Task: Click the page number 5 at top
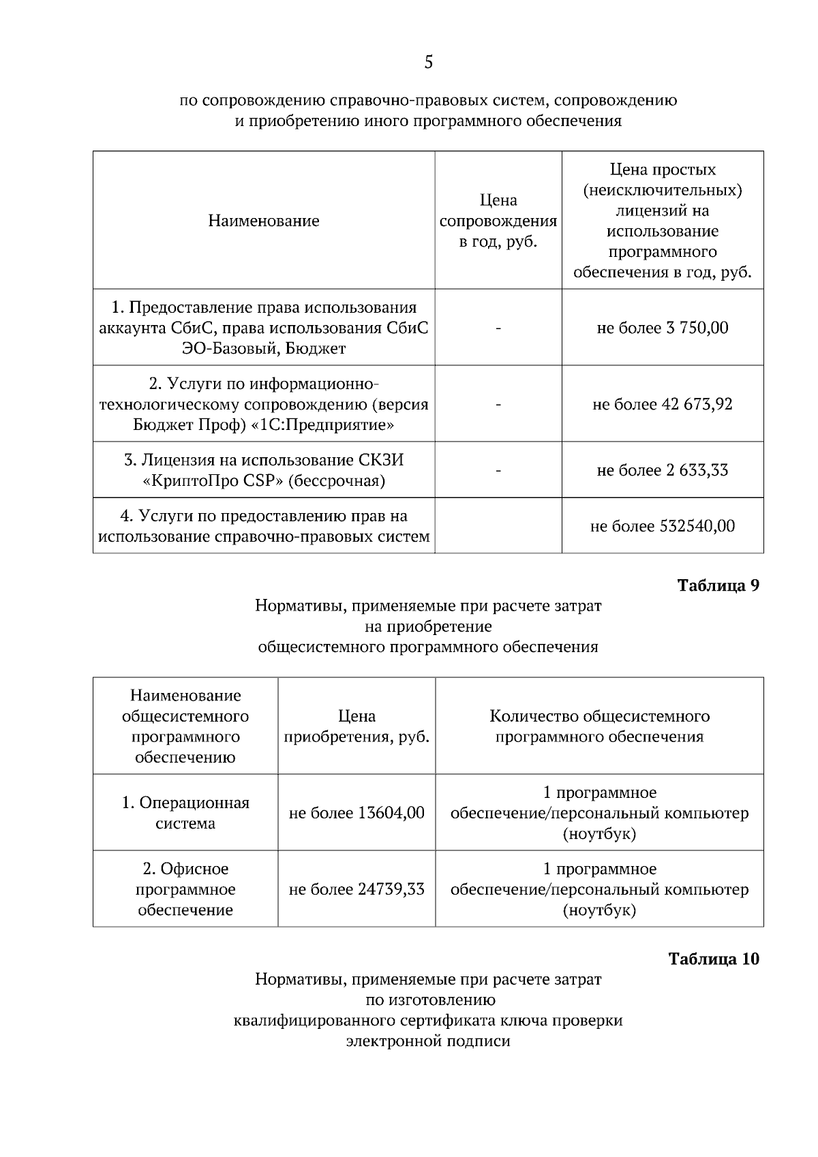(x=428, y=63)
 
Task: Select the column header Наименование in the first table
(x=264, y=221)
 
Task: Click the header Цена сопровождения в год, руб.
(x=498, y=221)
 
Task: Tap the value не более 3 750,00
(x=662, y=328)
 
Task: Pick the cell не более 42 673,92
(x=662, y=404)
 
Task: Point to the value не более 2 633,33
(x=662, y=470)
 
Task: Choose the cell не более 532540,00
(x=662, y=526)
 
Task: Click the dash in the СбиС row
(x=498, y=328)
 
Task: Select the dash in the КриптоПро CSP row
(x=498, y=470)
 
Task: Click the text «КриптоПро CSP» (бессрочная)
(x=264, y=481)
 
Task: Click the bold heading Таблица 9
(x=718, y=585)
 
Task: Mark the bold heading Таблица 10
(x=714, y=959)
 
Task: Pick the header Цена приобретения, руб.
(x=357, y=726)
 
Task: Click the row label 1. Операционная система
(x=185, y=812)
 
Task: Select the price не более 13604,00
(x=357, y=813)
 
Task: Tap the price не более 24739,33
(x=357, y=889)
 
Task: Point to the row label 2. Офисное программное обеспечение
(x=185, y=889)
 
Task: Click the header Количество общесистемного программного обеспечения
(x=599, y=726)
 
